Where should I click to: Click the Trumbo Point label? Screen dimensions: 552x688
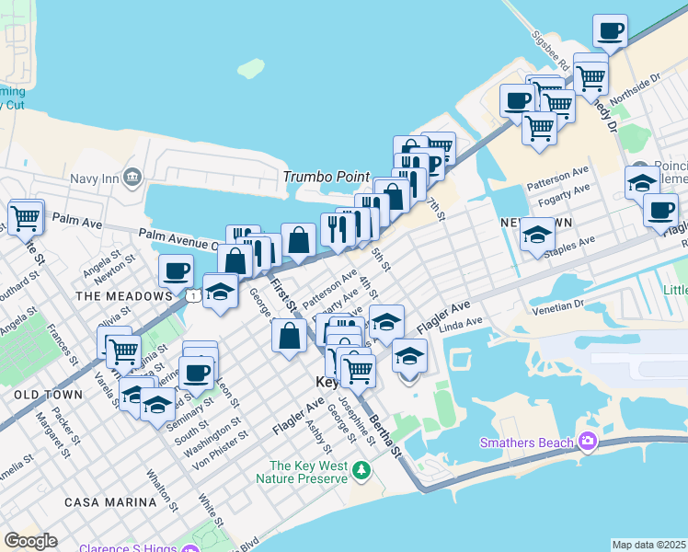[326, 177]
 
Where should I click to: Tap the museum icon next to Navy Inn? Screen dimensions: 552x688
[132, 176]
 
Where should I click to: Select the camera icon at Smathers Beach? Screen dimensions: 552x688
[587, 443]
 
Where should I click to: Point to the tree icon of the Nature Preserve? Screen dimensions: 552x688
[361, 471]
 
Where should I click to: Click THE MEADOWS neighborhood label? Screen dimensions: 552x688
[123, 296]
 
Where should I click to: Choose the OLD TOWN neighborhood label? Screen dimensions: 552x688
[49, 394]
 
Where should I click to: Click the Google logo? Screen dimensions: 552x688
[30, 541]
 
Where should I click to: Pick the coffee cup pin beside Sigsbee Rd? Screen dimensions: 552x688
[610, 31]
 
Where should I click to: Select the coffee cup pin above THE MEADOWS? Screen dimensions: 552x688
[176, 270]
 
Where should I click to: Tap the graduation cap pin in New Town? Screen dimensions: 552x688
[536, 236]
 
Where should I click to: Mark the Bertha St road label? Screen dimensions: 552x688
[386, 435]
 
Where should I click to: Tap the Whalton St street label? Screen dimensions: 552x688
[156, 489]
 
